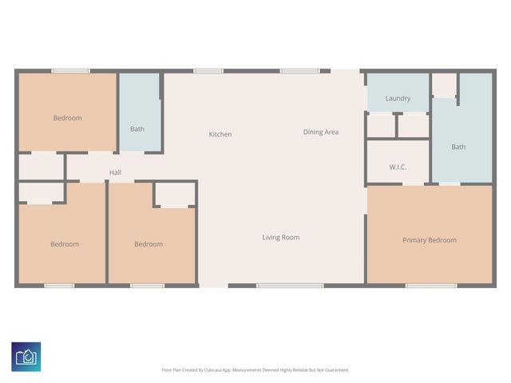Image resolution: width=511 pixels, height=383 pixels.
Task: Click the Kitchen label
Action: pyautogui.click(x=220, y=134)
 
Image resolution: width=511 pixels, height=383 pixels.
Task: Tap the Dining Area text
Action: pyautogui.click(x=320, y=132)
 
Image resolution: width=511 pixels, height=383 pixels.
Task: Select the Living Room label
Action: pyautogui.click(x=281, y=237)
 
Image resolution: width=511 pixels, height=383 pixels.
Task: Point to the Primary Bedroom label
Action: pyautogui.click(x=430, y=240)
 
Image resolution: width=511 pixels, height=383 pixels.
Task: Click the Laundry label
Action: pyautogui.click(x=398, y=98)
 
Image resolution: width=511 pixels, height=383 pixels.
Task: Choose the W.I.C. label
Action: pyautogui.click(x=398, y=167)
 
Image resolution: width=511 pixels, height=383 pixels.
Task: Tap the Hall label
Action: pyautogui.click(x=115, y=172)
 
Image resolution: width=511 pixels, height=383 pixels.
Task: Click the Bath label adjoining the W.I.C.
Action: pyautogui.click(x=458, y=147)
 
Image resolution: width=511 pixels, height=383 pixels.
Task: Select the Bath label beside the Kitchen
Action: pyautogui.click(x=137, y=128)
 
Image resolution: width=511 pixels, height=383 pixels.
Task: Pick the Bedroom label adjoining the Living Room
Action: pyautogui.click(x=149, y=244)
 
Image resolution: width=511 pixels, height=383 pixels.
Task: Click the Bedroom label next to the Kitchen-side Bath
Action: pyautogui.click(x=67, y=118)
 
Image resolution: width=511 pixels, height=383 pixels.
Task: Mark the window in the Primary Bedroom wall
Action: pyautogui.click(x=431, y=285)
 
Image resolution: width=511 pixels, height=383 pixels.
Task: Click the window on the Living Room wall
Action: pyautogui.click(x=289, y=285)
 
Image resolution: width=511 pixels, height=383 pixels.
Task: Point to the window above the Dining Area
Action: pyautogui.click(x=300, y=71)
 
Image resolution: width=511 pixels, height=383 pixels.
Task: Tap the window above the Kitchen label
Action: pyautogui.click(x=208, y=71)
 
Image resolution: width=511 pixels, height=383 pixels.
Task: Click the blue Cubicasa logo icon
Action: pyautogui.click(x=26, y=356)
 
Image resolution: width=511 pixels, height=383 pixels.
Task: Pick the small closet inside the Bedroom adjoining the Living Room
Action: pyautogui.click(x=173, y=194)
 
